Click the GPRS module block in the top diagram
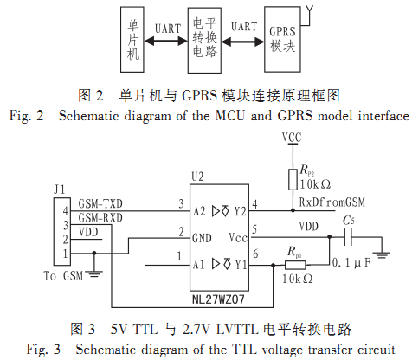click(282, 39)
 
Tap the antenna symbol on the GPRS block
click(307, 16)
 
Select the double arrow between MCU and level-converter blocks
click(166, 42)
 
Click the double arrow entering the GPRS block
click(242, 42)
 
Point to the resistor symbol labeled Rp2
click(293, 179)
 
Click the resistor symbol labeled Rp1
click(295, 265)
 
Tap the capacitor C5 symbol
click(348, 237)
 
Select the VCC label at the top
click(292, 138)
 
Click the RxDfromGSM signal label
click(332, 202)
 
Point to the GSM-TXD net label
click(100, 204)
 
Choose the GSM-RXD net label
click(100, 218)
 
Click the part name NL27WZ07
click(218, 299)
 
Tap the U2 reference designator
click(197, 177)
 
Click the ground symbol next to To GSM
click(94, 274)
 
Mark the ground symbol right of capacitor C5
click(382, 255)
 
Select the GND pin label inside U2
click(202, 238)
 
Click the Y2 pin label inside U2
click(240, 211)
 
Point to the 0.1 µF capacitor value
click(351, 263)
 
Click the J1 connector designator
click(60, 190)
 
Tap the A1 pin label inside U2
click(199, 264)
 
